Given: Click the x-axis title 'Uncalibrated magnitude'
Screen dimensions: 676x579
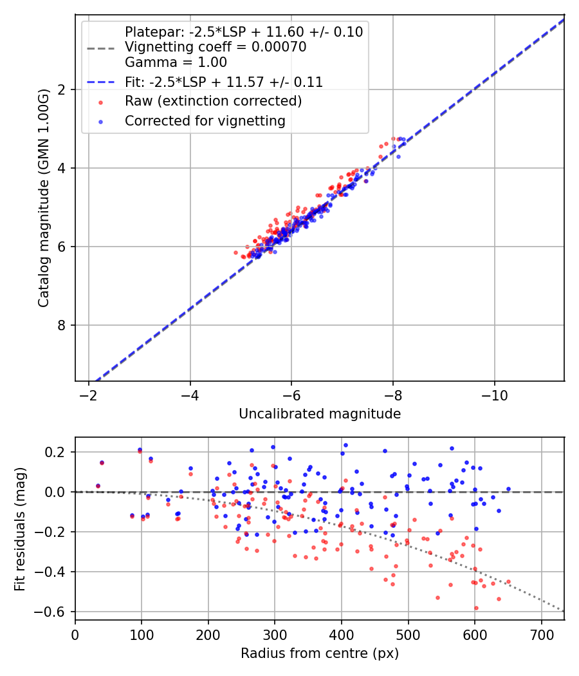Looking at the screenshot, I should [x=320, y=414].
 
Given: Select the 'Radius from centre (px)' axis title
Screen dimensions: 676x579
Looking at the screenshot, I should [x=320, y=653].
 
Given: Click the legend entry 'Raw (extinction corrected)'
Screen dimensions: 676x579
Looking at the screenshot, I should [x=213, y=101].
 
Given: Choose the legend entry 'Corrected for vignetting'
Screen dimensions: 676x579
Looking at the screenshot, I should [x=205, y=120].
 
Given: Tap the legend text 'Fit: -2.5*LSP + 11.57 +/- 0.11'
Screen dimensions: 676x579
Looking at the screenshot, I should [x=223, y=82].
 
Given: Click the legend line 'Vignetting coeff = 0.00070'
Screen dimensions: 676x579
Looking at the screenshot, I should [x=216, y=47].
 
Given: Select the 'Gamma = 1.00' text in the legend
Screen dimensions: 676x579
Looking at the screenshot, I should [x=176, y=62].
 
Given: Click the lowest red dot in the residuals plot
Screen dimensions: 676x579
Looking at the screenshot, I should [x=476, y=608].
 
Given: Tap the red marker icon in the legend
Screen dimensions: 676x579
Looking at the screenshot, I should [x=100, y=102].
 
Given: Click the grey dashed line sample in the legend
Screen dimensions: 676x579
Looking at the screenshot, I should [x=100, y=47].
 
